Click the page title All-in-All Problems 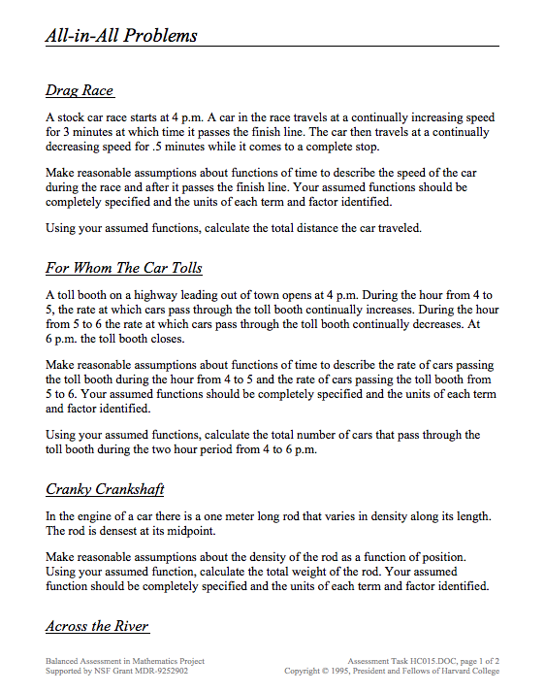121,36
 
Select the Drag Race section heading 80,90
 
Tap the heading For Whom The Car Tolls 123,267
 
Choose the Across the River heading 97,626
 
